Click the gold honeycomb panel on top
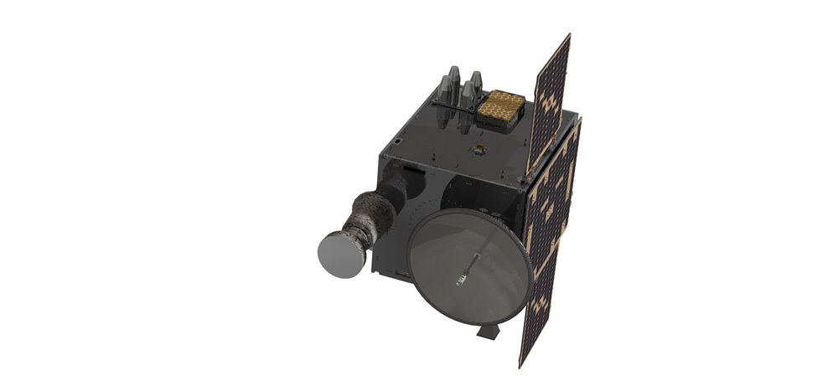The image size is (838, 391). point(506,104)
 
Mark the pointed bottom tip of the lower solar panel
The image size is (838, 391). point(522,365)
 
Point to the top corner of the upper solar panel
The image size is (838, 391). point(569,35)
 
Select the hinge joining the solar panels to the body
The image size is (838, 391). point(527,175)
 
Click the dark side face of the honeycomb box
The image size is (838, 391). point(501,123)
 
